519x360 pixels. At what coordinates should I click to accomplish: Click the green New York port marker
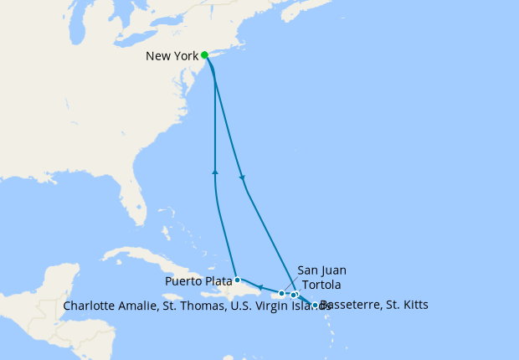click(204, 55)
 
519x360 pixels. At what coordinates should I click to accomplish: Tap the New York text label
click(172, 56)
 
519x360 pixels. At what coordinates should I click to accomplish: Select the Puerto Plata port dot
click(237, 280)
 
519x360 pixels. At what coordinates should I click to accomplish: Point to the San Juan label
click(321, 270)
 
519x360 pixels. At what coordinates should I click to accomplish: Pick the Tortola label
click(321, 285)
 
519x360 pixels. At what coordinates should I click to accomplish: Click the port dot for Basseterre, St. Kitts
click(315, 306)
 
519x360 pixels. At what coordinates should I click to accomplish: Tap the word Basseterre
click(352, 305)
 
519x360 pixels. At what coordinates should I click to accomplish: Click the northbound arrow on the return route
click(216, 172)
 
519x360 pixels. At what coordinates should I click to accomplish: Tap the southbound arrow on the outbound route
click(243, 177)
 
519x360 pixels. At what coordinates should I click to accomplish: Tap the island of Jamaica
click(180, 296)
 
